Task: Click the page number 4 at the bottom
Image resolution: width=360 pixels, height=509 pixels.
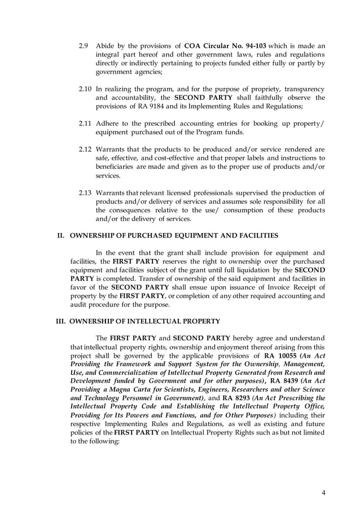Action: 323,492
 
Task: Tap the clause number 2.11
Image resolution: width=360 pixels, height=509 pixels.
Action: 85,123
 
